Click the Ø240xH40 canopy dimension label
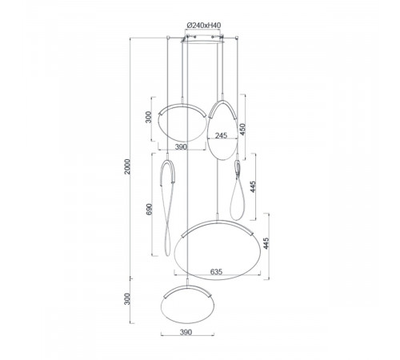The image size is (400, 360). coord(204,26)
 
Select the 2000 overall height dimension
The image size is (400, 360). coord(128,166)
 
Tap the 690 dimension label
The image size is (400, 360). coord(149,210)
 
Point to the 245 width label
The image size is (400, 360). coord(221,135)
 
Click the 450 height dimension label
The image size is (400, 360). coord(242,129)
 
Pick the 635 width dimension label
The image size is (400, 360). coord(216,272)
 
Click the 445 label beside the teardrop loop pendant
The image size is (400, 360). coord(253,186)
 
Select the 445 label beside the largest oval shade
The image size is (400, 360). coord(266,243)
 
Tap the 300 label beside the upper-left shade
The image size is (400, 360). coord(149,117)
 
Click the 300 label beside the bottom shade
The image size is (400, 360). coord(127,299)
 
